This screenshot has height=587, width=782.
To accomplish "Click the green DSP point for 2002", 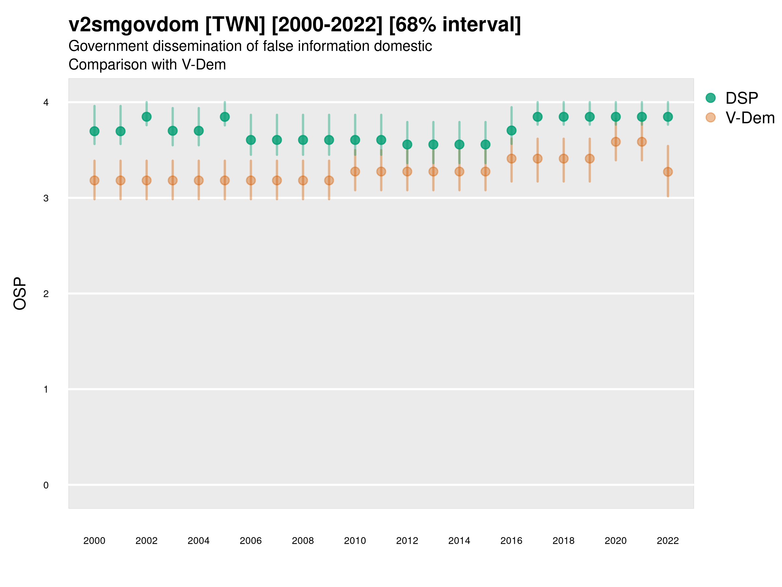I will [146, 117].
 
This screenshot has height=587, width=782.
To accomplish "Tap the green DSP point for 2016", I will [511, 130].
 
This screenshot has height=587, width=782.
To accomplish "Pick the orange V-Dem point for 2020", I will [615, 142].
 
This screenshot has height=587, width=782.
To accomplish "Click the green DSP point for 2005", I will [224, 117].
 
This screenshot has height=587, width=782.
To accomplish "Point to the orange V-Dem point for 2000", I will [94, 180].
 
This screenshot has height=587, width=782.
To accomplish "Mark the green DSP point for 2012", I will [407, 144].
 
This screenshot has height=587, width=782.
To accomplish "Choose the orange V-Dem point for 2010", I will [355, 172].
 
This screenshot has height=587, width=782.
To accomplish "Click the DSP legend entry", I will [741, 98].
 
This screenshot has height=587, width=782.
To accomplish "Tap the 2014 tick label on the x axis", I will [459, 541].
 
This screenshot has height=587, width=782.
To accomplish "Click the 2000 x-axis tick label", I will [94, 541].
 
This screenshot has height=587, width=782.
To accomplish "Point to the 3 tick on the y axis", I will [46, 198].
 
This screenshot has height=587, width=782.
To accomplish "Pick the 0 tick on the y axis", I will [46, 485].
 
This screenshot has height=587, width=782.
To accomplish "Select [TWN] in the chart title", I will [235, 25].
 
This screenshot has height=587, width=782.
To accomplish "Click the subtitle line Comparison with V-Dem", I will [147, 65].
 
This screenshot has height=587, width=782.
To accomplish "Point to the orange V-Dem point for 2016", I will [511, 158].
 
